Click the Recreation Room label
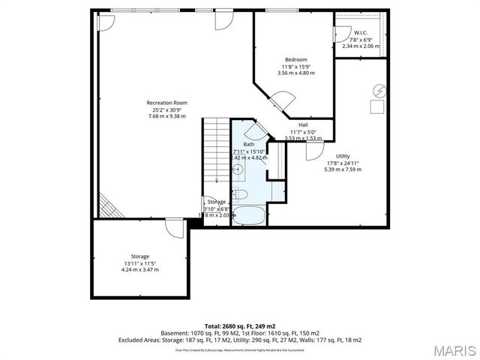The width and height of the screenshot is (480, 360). tap(166, 103)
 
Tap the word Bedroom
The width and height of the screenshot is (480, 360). tap(295, 59)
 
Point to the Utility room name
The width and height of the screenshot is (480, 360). tap(343, 156)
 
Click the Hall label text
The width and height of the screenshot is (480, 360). tap(303, 124)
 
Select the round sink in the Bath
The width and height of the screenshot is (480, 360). tap(237, 169)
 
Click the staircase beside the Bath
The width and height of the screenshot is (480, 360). tap(216, 150)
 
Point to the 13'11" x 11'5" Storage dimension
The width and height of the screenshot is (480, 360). tap(140, 262)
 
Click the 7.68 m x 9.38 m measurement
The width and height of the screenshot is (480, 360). tap(166, 116)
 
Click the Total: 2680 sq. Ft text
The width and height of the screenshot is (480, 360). tap(240, 325)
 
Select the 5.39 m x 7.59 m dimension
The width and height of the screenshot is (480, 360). tap(343, 169)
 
